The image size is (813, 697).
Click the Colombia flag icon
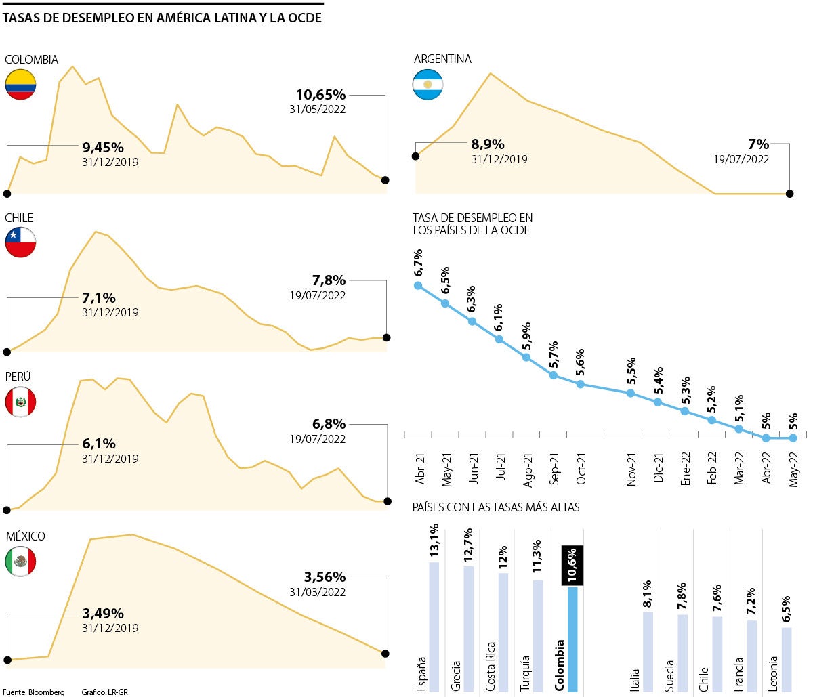(x=20, y=85)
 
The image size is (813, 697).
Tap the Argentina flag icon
(x=428, y=85)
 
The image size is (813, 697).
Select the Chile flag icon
(x=20, y=242)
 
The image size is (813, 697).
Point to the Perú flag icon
(x=20, y=402)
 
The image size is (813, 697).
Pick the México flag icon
(x=20, y=561)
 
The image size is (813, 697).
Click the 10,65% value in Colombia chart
(x=320, y=95)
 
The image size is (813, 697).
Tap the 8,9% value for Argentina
(x=488, y=144)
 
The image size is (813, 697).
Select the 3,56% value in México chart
(x=325, y=577)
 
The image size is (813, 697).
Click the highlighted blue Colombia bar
(x=572, y=639)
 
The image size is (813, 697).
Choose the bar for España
(x=434, y=627)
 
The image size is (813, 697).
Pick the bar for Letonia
(x=786, y=659)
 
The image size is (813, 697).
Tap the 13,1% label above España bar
(x=434, y=541)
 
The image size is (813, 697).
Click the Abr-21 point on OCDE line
(x=418, y=285)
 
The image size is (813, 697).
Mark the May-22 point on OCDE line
(x=793, y=438)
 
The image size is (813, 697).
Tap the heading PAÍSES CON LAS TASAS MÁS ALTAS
(x=495, y=507)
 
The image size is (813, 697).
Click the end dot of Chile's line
(x=387, y=337)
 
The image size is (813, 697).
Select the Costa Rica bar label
(x=491, y=666)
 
